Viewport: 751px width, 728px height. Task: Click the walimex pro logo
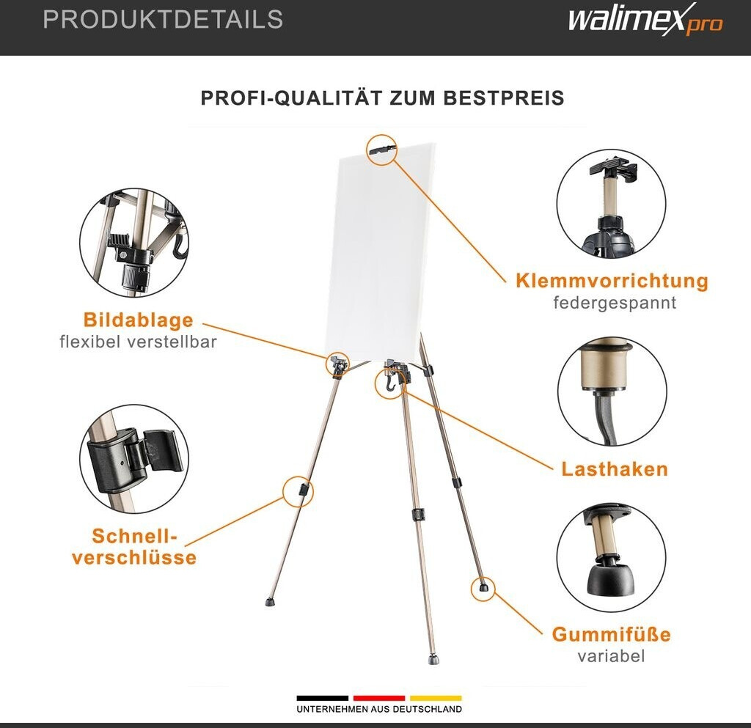pyautogui.click(x=645, y=20)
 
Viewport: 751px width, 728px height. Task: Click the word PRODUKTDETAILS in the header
pyautogui.click(x=164, y=20)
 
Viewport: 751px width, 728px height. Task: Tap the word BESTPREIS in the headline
pyautogui.click(x=503, y=98)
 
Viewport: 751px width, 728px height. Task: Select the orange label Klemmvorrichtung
pyautogui.click(x=612, y=281)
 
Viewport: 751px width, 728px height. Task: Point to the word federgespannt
pyautogui.click(x=615, y=303)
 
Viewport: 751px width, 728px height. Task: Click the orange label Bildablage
pyautogui.click(x=139, y=320)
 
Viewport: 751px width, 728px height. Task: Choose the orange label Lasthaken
pyautogui.click(x=615, y=469)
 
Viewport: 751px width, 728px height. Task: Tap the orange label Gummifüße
pyautogui.click(x=611, y=635)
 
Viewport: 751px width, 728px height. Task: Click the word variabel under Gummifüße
pyautogui.click(x=611, y=655)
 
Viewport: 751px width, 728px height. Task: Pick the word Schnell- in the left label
pyautogui.click(x=135, y=536)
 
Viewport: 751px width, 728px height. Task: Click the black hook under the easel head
pyautogui.click(x=392, y=380)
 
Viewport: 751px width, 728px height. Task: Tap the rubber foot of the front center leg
pyautogui.click(x=434, y=660)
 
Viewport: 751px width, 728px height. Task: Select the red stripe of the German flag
pyautogui.click(x=379, y=699)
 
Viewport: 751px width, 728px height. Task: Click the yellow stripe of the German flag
pyautogui.click(x=436, y=699)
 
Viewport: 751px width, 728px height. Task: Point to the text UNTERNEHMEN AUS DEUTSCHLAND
pyautogui.click(x=379, y=709)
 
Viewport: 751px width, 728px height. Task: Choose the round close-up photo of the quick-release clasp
pyautogui.click(x=134, y=458)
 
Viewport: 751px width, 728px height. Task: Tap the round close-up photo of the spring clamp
pyautogui.click(x=611, y=204)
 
